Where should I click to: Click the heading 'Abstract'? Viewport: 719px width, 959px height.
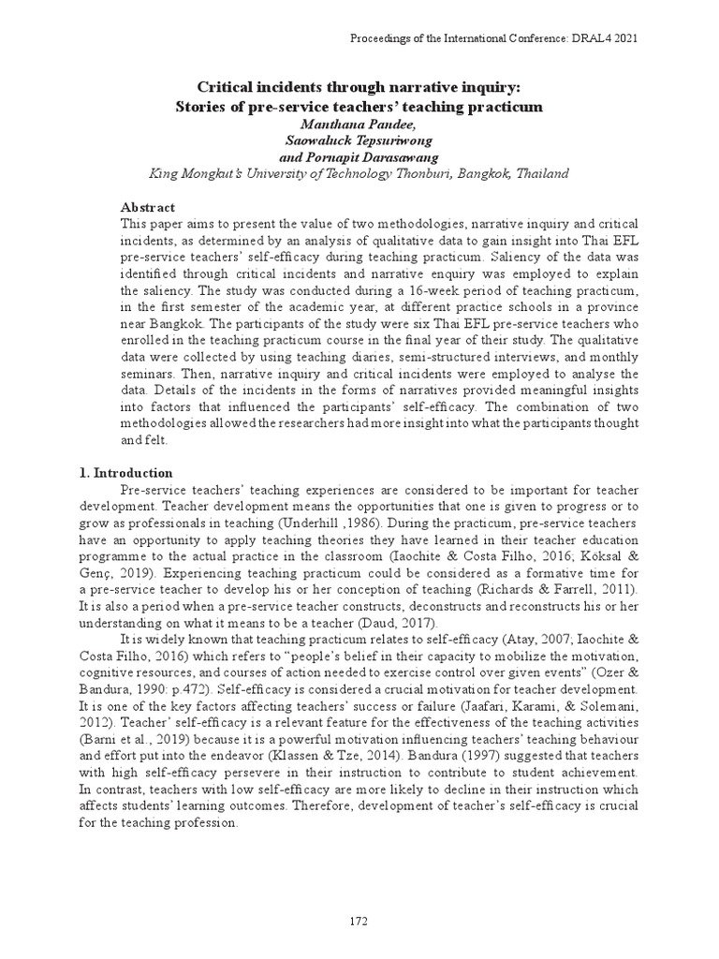tap(148, 207)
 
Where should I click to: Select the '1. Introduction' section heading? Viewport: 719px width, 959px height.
tap(125, 473)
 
